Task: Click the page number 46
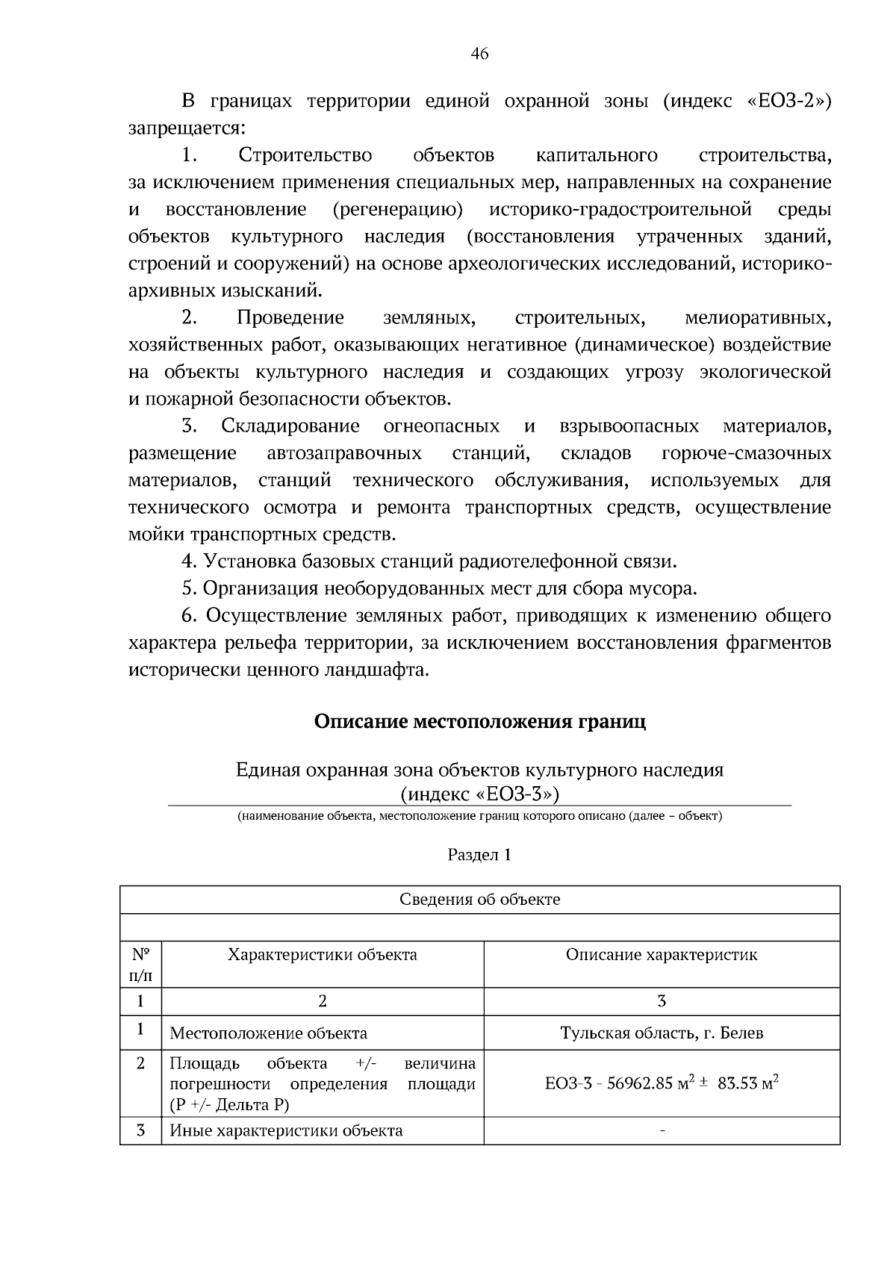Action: [479, 54]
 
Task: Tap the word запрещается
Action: [186, 128]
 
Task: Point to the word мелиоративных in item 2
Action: [757, 318]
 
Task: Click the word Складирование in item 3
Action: [290, 426]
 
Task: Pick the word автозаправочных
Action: [344, 454]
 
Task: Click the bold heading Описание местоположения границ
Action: [479, 722]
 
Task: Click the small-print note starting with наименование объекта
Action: [479, 816]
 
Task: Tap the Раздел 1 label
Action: [479, 855]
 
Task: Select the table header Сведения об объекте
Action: [479, 900]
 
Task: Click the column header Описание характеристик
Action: [662, 955]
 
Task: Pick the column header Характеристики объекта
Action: [322, 955]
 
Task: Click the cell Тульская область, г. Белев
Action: [662, 1034]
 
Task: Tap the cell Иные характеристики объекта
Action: [286, 1131]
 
